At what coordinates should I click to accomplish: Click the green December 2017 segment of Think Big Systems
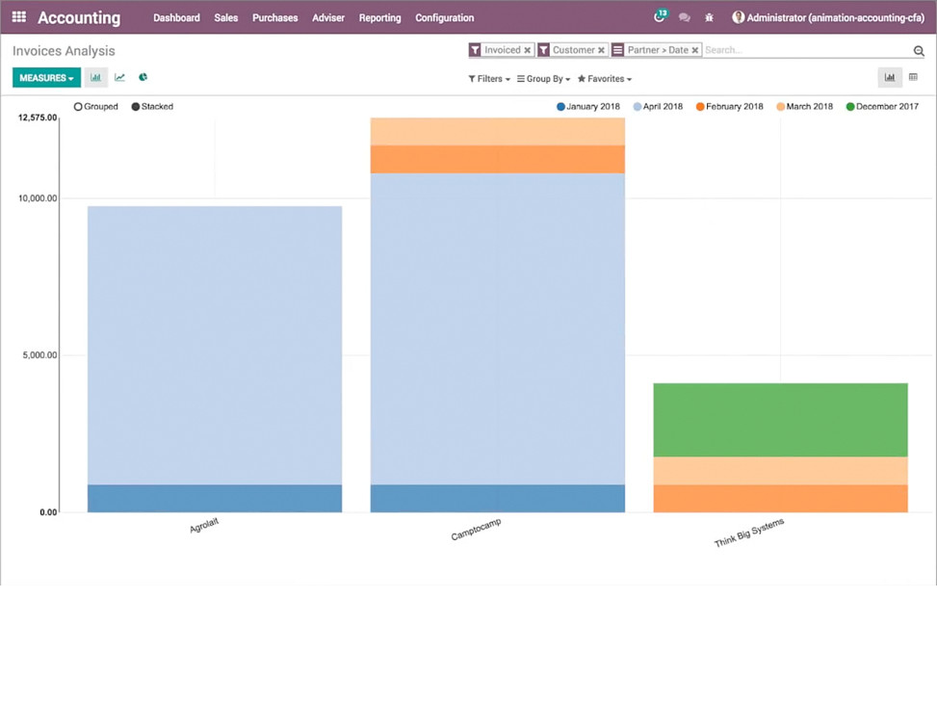[780, 420]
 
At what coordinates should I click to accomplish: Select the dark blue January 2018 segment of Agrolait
[214, 498]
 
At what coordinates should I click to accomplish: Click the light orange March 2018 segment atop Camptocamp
[497, 131]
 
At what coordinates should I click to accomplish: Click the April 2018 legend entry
[663, 107]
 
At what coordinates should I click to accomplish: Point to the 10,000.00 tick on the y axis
[39, 198]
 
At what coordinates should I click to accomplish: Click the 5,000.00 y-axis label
[39, 355]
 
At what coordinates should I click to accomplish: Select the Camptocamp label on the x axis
[476, 529]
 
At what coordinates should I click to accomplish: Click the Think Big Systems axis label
[749, 534]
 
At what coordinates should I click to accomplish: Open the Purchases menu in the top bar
[274, 17]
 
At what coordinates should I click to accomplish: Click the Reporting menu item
[379, 17]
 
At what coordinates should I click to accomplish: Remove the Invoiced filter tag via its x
[528, 50]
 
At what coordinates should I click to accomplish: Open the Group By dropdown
[544, 79]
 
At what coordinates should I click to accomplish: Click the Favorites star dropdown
[605, 79]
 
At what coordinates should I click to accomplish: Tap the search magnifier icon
[919, 51]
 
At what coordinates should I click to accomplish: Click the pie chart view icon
[143, 77]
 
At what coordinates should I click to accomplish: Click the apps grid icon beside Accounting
[18, 17]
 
